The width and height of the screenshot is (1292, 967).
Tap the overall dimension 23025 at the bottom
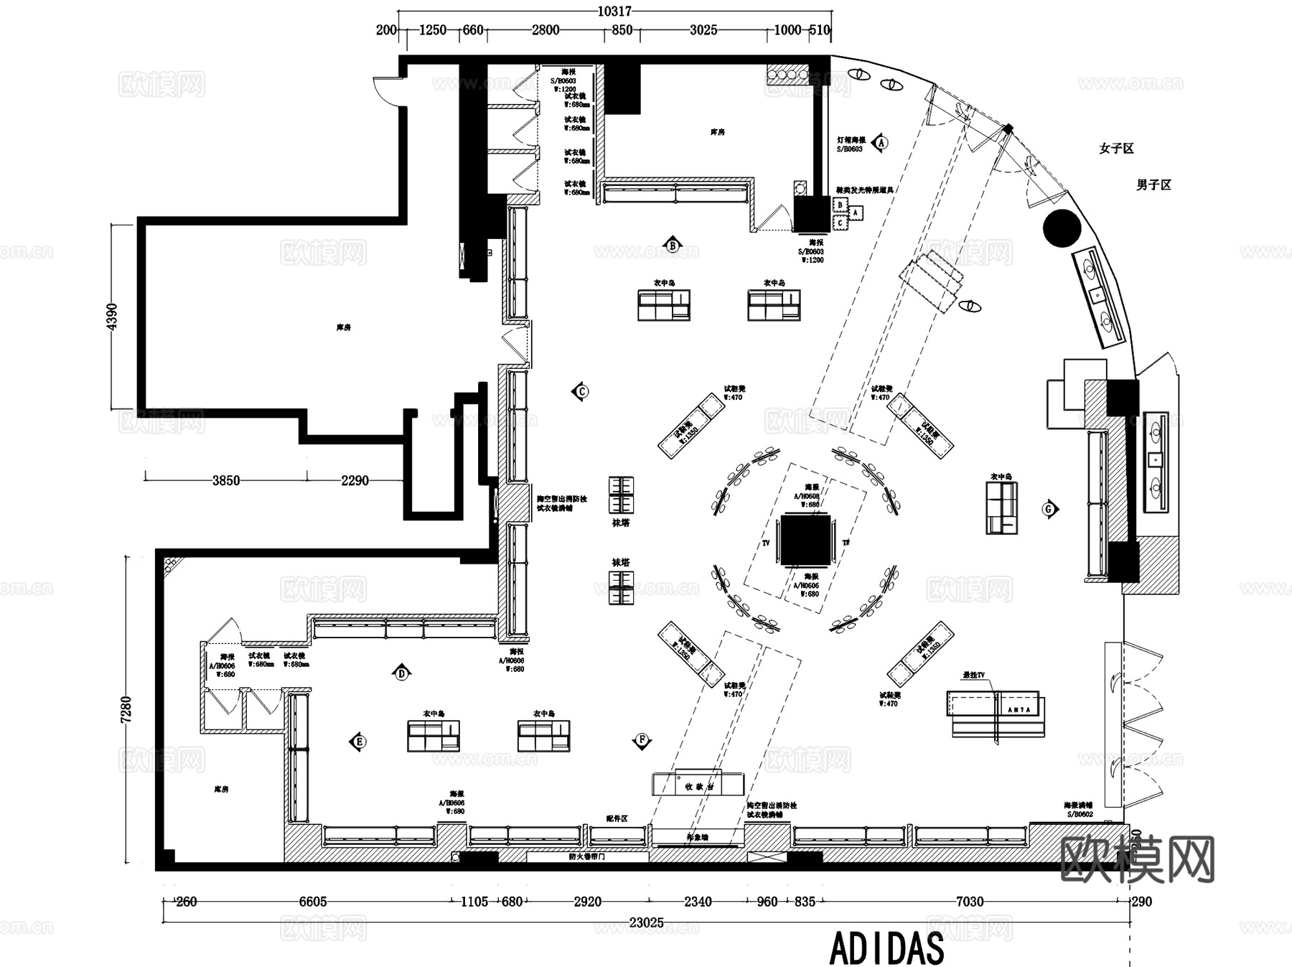646,922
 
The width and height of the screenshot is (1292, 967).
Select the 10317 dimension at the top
614,11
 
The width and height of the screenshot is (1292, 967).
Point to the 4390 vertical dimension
111,317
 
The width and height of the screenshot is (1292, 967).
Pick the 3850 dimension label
225,480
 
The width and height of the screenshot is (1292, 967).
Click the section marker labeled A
881,142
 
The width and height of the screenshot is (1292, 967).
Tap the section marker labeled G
1049,509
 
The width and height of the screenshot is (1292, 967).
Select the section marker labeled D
402,673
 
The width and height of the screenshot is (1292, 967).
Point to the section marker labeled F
642,740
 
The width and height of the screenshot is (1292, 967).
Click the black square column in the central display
805,540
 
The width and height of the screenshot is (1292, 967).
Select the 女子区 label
1116,149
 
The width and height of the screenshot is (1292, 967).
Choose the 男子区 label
1153,184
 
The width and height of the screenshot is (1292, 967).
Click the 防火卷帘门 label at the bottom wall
587,856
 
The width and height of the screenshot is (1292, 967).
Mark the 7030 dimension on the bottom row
969,902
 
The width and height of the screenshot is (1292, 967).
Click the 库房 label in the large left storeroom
343,327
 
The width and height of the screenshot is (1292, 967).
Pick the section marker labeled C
581,391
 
